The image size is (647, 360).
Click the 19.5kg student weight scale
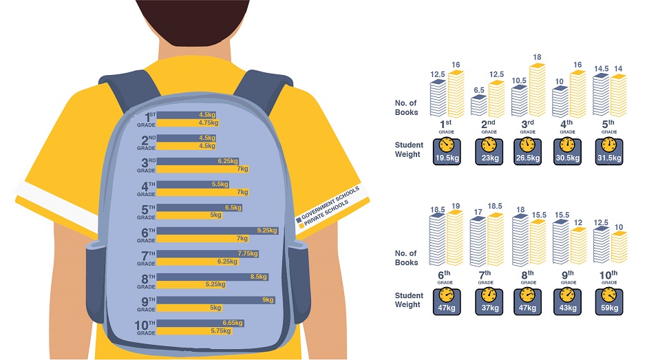click(x=447, y=150)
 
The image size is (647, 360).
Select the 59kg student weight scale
click(x=609, y=300)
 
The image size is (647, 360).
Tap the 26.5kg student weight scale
click(x=528, y=150)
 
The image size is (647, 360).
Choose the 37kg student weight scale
click(x=487, y=300)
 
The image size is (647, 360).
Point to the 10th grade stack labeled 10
click(x=619, y=248)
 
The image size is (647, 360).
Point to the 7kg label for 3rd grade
click(x=242, y=169)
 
